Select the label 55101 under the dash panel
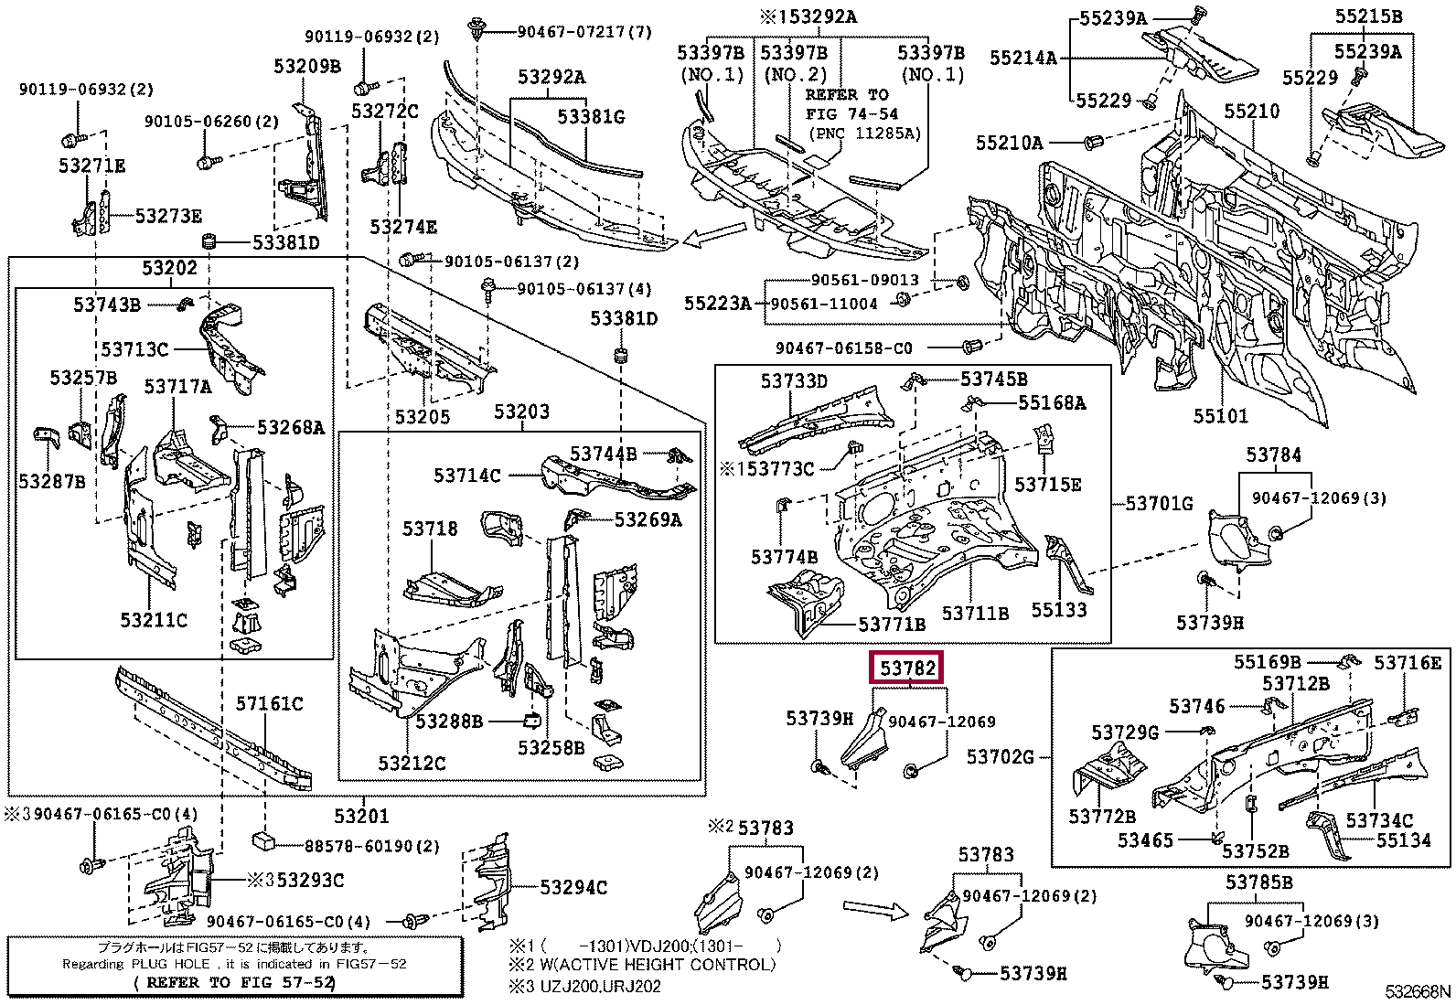[x=1220, y=417]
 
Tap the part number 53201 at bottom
[x=360, y=817]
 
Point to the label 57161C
[x=269, y=703]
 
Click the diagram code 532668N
[x=1417, y=991]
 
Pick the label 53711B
[x=975, y=614]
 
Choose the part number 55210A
[x=1008, y=143]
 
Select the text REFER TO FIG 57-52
[x=234, y=983]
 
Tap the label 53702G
[x=1001, y=756]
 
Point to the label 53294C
[x=573, y=887]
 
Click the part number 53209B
[x=306, y=66]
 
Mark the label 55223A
[x=717, y=302]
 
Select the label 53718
[x=430, y=529]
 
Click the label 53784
[x=1273, y=455]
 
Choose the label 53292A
[x=547, y=78]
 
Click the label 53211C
[x=154, y=620]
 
